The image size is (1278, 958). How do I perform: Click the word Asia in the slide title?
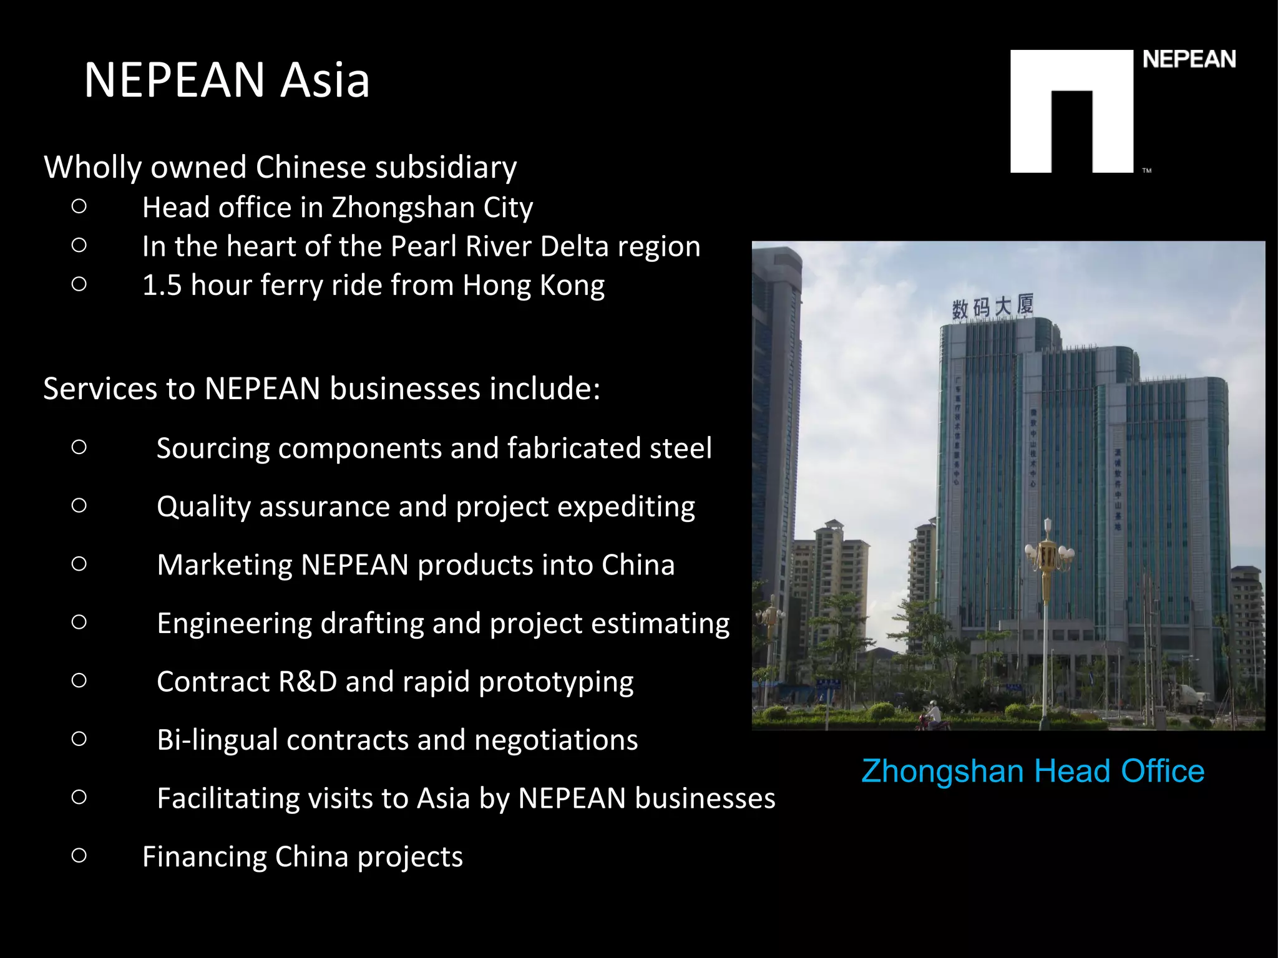click(x=324, y=80)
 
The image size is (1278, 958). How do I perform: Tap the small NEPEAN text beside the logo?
click(x=1189, y=60)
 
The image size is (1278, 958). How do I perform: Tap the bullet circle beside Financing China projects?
click(x=79, y=855)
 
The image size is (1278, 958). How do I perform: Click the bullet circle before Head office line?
click(x=79, y=206)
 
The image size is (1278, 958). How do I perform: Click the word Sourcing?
click(x=213, y=448)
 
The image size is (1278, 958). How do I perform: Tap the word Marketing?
click(x=225, y=565)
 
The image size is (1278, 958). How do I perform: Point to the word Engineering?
click(x=234, y=624)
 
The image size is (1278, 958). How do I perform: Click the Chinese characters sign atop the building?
click(x=992, y=307)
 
